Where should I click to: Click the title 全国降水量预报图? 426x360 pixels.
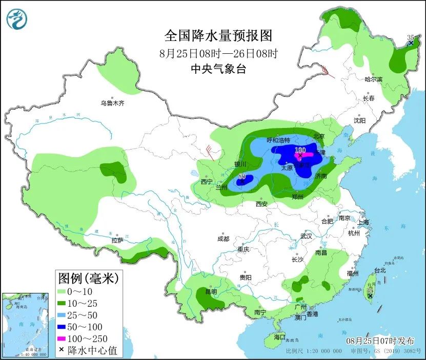click(x=218, y=35)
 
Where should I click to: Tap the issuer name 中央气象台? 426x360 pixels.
click(x=218, y=69)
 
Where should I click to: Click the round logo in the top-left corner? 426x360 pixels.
click(x=16, y=19)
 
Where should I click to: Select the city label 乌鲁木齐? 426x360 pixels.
click(x=112, y=103)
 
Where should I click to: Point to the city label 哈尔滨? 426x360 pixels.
click(x=373, y=79)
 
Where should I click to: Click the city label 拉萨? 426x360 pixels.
click(x=117, y=240)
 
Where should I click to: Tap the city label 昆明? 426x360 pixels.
click(x=211, y=291)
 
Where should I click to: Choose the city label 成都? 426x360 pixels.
click(x=223, y=239)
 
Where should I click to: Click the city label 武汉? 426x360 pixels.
click(x=306, y=237)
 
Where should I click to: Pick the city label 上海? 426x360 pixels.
click(x=363, y=222)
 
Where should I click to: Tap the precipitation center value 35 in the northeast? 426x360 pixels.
click(x=410, y=38)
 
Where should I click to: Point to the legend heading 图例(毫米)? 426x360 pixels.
click(x=88, y=279)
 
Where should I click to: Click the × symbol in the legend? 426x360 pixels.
click(x=62, y=350)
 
